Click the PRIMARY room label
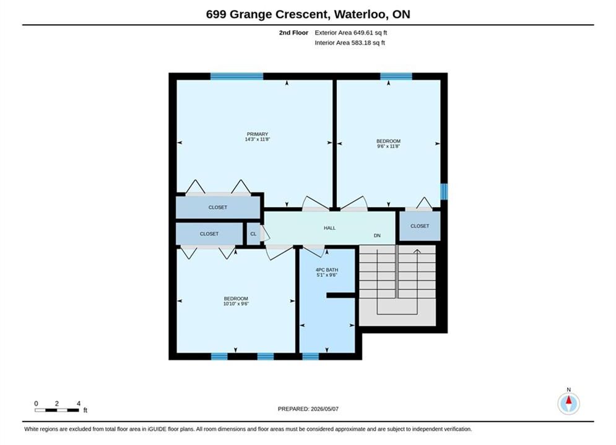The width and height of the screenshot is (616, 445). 258,134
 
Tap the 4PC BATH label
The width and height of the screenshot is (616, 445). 327,269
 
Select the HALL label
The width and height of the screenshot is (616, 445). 329,228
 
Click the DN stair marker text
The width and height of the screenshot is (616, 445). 377,235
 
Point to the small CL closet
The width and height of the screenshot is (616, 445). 253,234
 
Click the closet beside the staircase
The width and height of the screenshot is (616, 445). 420,226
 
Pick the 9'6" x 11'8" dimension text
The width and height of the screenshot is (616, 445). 389,146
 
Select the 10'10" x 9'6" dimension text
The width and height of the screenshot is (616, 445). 236,303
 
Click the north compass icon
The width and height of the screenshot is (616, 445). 568,403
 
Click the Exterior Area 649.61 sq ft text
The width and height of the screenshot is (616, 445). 351,33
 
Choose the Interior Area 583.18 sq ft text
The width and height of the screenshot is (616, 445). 350,43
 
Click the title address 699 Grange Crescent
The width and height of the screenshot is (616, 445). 267,14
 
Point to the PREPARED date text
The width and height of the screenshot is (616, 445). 308,409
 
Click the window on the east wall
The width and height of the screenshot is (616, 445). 444,192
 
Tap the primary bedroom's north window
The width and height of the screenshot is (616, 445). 237,76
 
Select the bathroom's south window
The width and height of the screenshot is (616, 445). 310,357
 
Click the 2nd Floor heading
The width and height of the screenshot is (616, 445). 293,33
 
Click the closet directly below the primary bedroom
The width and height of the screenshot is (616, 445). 218,207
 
